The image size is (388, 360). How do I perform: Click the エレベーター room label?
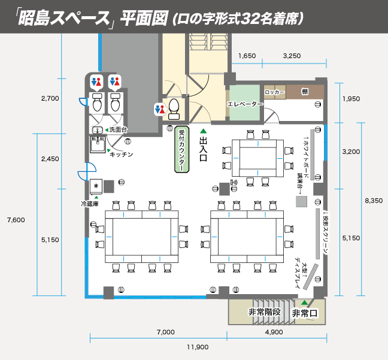coord(245,104)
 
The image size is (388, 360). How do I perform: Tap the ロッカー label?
coord(274,92)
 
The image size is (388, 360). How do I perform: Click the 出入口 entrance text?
coord(202,150)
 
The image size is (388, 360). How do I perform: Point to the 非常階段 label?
coord(265,313)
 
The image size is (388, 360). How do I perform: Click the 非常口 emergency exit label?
coord(304,313)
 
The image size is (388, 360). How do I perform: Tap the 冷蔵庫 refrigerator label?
coord(93,204)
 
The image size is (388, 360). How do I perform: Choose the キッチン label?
coord(121,155)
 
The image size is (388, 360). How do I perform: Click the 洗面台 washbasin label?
coord(119,130)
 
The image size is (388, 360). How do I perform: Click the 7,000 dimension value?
coord(165,332)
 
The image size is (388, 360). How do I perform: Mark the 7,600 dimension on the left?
coord(16,220)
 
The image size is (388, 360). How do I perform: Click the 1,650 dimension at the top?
coord(247,56)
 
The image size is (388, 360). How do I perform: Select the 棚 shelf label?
coord(305,92)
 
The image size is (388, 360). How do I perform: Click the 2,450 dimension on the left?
coord(50,159)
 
